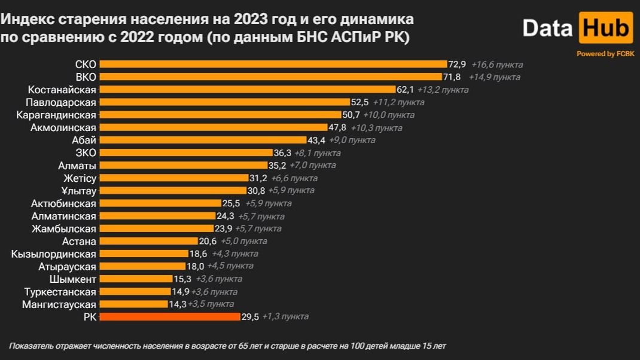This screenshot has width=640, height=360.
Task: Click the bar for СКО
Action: tap(273, 64)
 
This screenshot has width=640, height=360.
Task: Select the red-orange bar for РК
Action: tap(169, 317)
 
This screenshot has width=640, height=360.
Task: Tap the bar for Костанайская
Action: tap(247, 90)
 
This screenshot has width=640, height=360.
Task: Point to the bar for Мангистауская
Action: tap(133, 304)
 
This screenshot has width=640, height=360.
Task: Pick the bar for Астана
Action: tap(148, 241)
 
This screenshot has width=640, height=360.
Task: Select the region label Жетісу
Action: tap(80, 178)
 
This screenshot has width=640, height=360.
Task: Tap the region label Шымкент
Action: tap(73, 279)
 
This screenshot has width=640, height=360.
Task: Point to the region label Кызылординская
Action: tap(54, 254)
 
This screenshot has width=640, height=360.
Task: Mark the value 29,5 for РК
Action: tap(250, 317)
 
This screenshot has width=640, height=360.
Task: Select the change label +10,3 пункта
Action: tap(376, 128)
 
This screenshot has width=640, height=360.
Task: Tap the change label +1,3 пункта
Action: tap(285, 317)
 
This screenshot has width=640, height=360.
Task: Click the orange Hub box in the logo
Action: tap(605, 28)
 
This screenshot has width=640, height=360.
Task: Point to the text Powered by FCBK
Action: tap(605, 54)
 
